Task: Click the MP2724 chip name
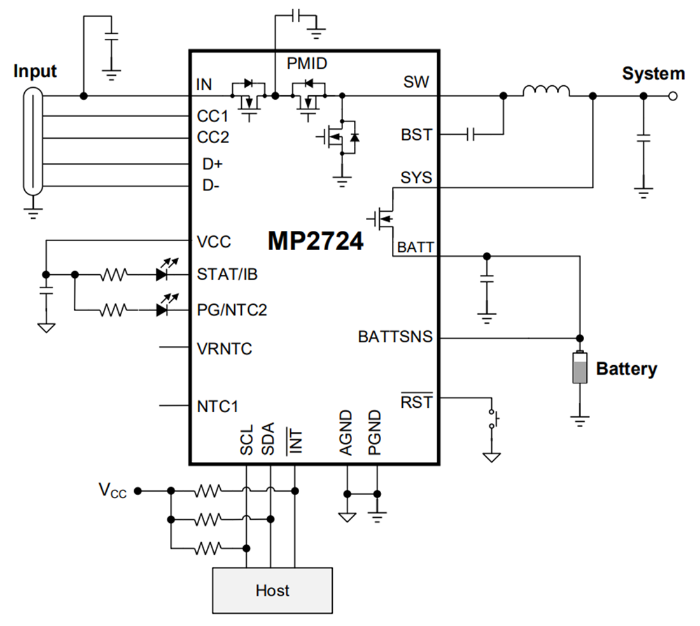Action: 316,241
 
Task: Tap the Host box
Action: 272,590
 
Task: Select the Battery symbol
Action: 579,368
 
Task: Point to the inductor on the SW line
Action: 546,92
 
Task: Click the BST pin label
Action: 416,135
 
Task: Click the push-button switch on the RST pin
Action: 493,418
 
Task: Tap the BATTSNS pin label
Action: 395,337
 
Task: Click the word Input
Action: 35,71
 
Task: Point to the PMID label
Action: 308,64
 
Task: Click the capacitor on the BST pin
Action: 471,134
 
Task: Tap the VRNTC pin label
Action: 225,349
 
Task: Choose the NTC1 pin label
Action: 218,406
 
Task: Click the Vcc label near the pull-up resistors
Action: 112,490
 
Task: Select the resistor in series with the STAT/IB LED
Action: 115,275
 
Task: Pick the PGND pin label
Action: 375,433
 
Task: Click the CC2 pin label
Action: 213,137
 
